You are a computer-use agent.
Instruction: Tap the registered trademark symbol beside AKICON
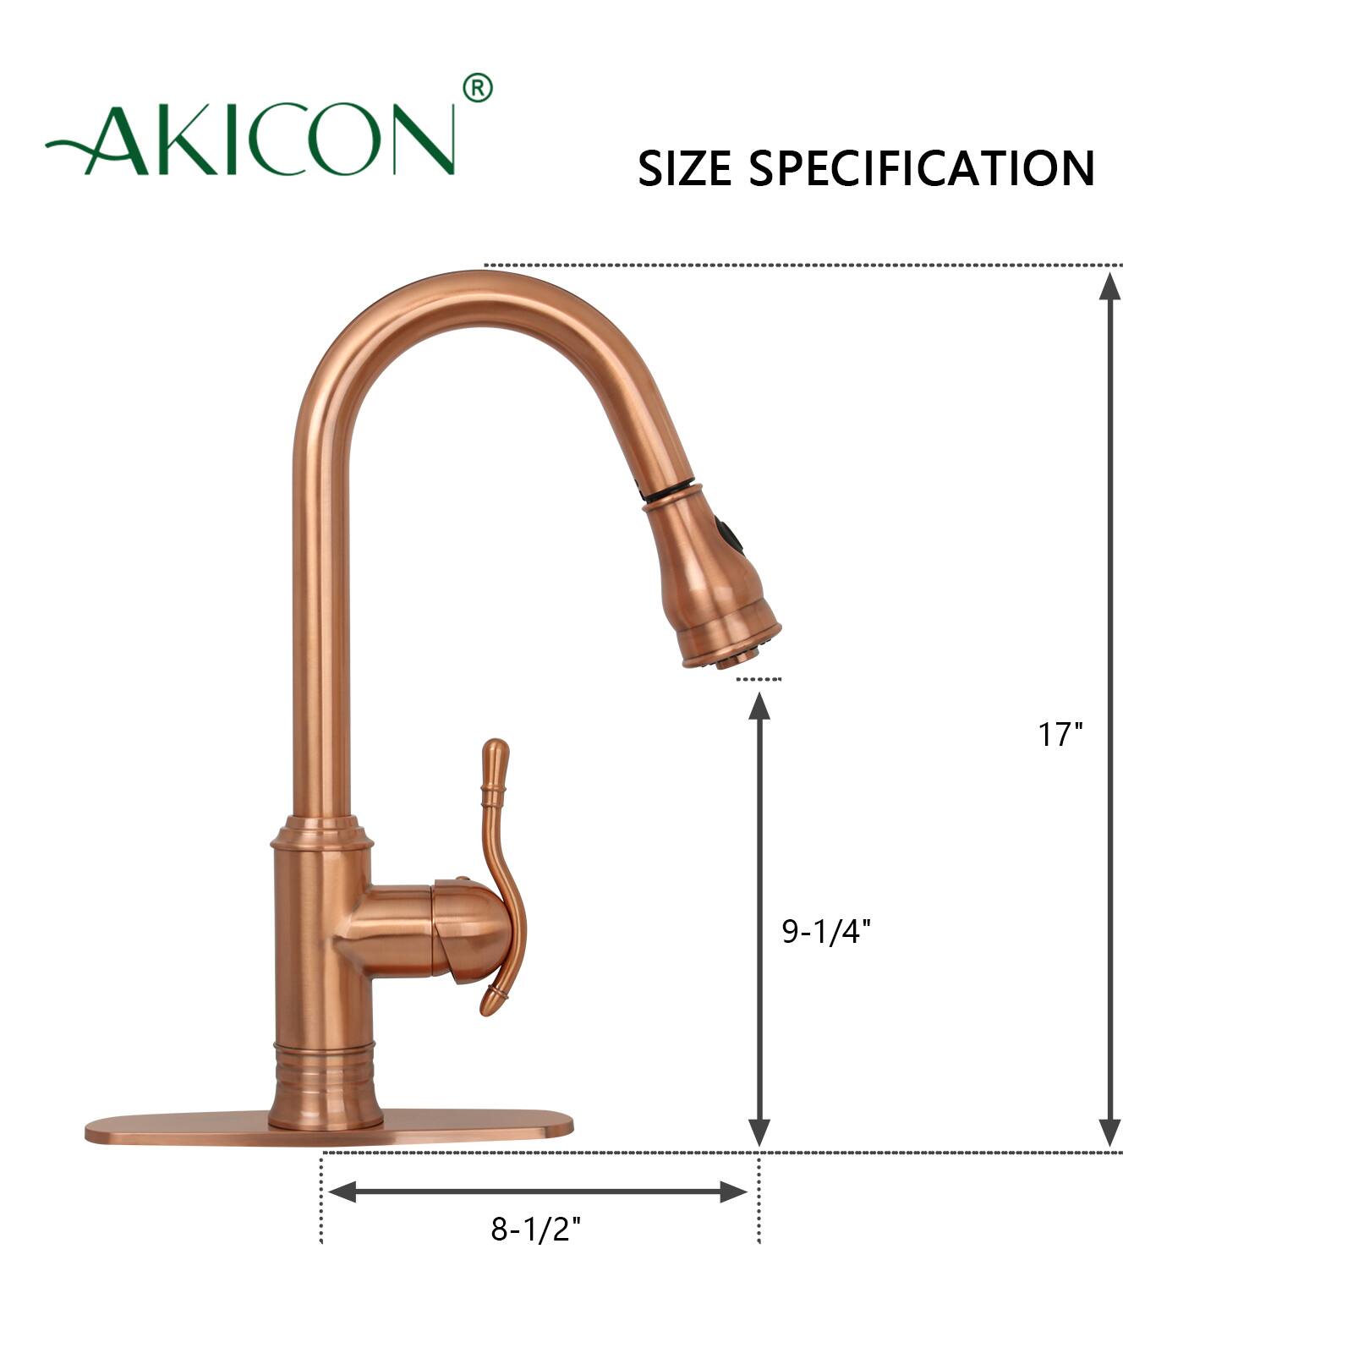(x=478, y=88)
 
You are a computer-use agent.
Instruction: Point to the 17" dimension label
(x=1060, y=734)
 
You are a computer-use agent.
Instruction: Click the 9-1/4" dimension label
(x=825, y=932)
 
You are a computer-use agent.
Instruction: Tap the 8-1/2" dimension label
(x=536, y=1229)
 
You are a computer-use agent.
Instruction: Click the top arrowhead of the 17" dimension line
(x=1109, y=288)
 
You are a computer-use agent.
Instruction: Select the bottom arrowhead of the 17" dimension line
(x=1109, y=1133)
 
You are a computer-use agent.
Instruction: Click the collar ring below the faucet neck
(x=320, y=833)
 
